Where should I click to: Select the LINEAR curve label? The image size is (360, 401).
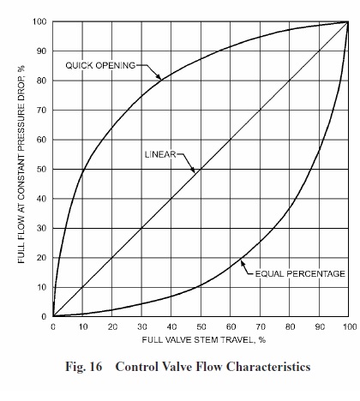(159, 154)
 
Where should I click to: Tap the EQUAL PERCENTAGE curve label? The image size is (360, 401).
(299, 273)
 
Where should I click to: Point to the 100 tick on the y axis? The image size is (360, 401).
(40, 21)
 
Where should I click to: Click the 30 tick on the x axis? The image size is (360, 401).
(141, 327)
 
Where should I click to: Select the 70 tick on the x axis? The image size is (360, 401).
(261, 327)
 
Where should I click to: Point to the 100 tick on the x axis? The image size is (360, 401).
(347, 327)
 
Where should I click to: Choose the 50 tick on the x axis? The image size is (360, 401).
(201, 327)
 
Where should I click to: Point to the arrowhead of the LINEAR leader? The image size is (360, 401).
(195, 170)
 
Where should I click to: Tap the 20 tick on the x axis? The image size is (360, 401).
(112, 327)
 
